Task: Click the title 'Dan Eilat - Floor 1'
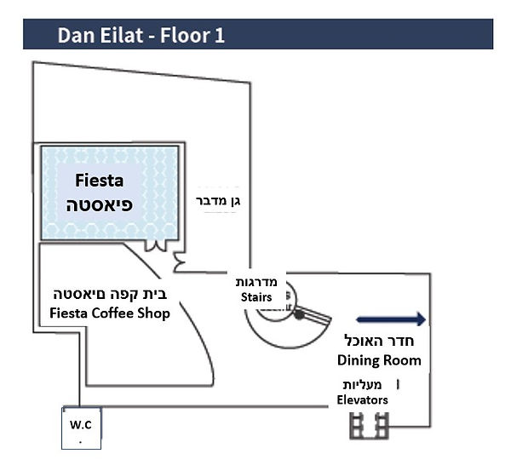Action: [x=141, y=36]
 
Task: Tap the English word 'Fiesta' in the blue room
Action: [x=100, y=181]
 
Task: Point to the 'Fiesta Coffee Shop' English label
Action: [x=110, y=313]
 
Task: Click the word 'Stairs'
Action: [x=255, y=297]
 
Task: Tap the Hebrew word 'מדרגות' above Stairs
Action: [x=259, y=283]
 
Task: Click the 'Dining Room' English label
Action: [x=379, y=360]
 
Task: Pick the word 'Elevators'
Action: [x=362, y=399]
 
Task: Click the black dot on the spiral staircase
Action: [x=299, y=314]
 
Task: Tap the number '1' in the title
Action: [x=219, y=36]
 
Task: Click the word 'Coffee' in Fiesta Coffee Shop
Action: [x=111, y=313]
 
